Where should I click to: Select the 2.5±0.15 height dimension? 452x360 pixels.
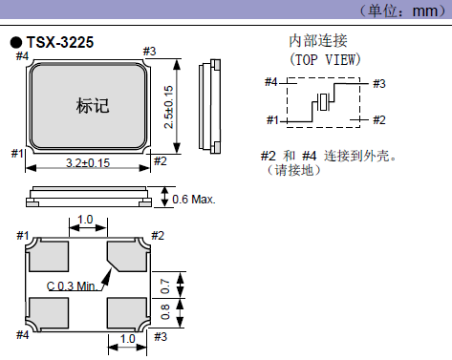169,106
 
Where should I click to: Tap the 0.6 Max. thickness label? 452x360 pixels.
194,200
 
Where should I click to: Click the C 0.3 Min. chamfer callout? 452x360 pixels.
74,286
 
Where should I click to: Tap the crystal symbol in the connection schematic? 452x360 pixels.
325,102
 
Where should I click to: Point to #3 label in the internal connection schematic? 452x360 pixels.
379,84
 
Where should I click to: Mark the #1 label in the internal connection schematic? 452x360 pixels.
271,120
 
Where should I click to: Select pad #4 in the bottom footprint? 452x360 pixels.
46,311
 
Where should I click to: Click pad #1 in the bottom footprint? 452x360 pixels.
46,255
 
